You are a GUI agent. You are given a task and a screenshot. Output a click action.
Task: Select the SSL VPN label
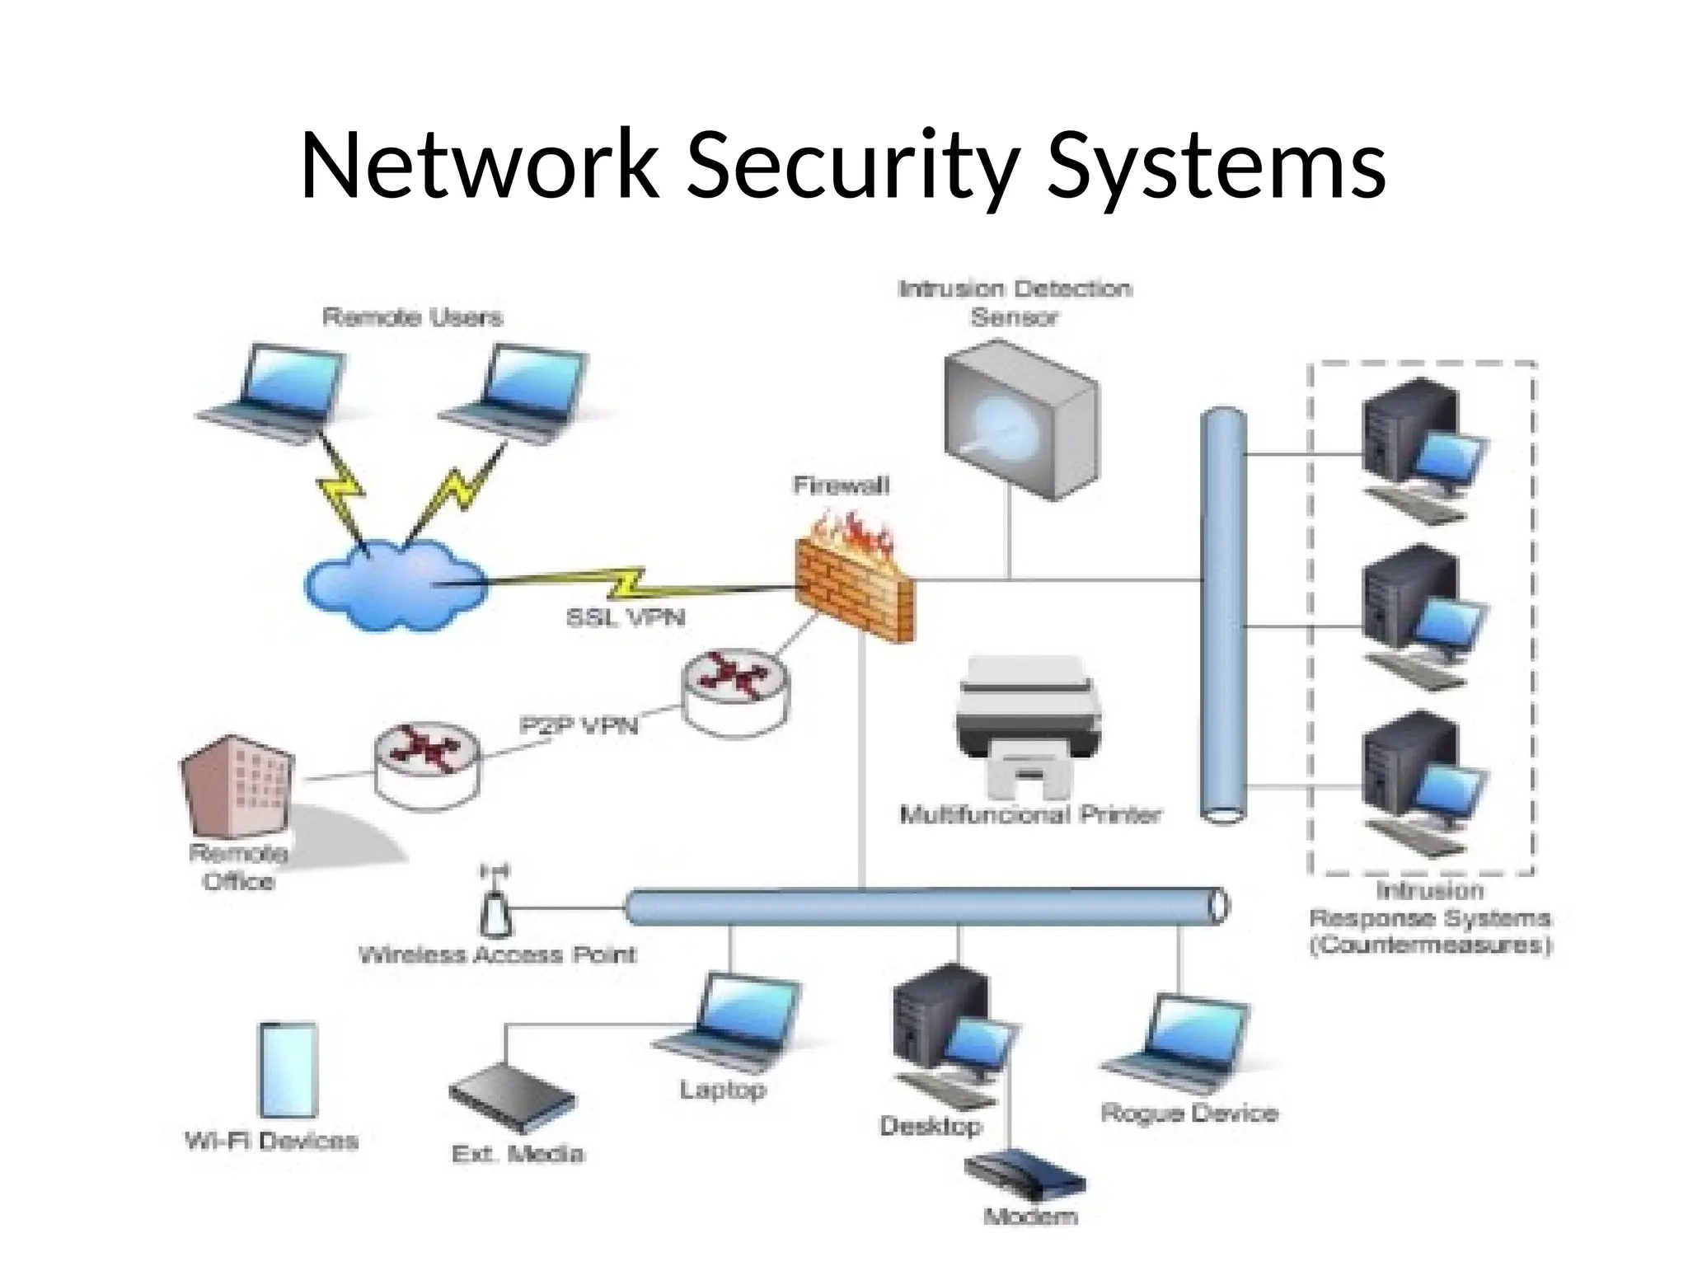(626, 617)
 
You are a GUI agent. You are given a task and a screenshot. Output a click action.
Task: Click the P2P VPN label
(579, 725)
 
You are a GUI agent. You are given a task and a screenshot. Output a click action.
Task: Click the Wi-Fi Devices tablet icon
(288, 1071)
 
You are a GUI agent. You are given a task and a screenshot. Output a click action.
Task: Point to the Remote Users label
(412, 317)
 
